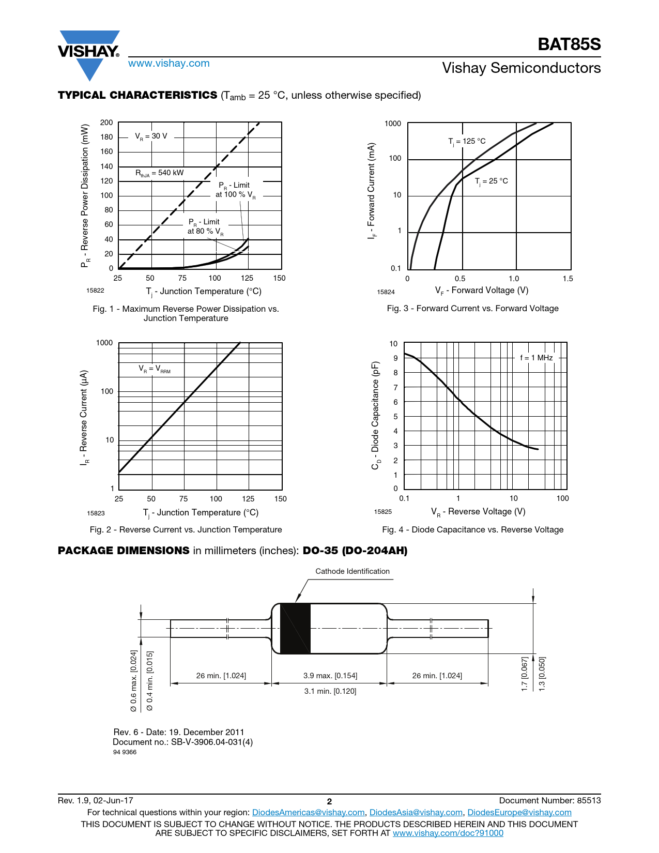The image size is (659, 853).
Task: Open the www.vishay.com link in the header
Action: click(169, 63)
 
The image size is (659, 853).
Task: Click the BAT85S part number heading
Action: click(569, 44)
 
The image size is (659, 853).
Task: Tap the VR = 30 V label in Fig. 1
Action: click(151, 136)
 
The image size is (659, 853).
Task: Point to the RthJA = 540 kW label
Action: click(159, 173)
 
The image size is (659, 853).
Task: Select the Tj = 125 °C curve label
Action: click(467, 141)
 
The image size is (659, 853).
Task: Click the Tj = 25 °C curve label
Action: click(491, 181)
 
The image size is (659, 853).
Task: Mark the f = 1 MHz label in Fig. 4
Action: click(536, 358)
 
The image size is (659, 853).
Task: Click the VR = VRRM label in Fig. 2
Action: click(154, 369)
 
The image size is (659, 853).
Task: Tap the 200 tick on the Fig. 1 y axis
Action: click(106, 123)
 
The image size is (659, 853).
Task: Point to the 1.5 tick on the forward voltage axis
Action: click(568, 279)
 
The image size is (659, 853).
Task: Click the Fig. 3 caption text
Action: click(472, 308)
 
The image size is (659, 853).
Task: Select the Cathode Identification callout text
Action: click(353, 571)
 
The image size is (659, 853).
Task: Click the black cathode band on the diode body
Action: click(295, 629)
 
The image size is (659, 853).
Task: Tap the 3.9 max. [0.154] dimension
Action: click(330, 676)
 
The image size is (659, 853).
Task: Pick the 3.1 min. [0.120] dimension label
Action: click(330, 691)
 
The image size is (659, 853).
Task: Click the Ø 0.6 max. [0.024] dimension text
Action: click(133, 681)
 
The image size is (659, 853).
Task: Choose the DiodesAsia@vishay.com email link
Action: click(416, 812)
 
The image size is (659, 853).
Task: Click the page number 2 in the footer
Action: click(329, 801)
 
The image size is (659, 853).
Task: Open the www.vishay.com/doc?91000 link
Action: click(448, 833)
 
